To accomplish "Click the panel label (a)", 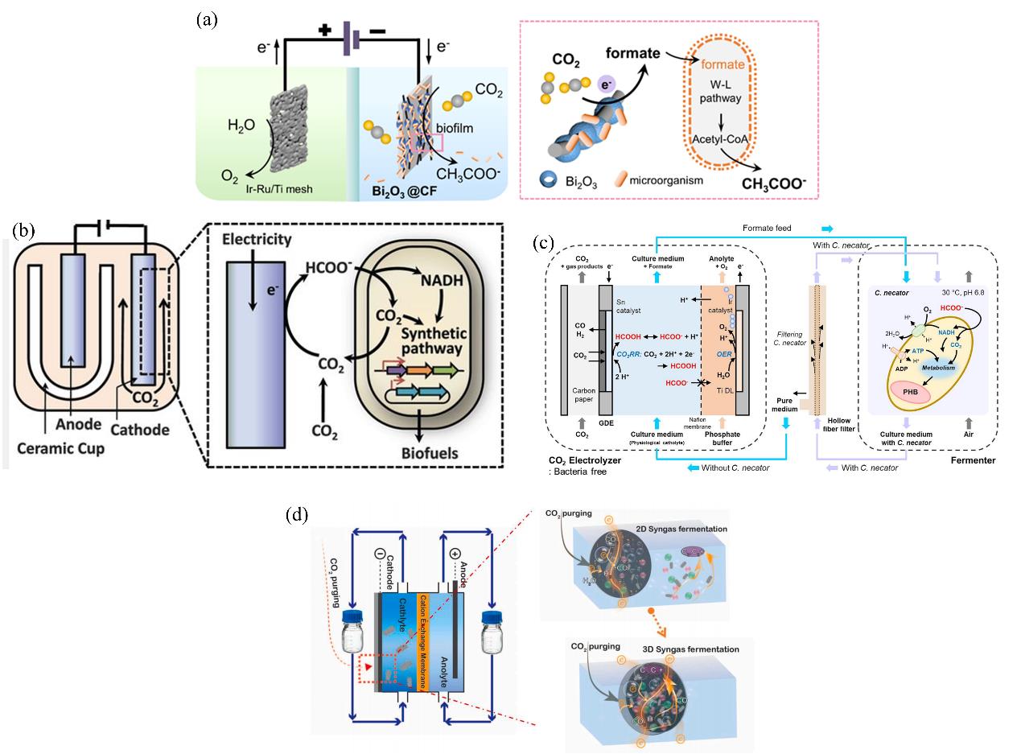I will click(x=207, y=20).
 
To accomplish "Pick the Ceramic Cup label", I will click(x=56, y=447).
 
